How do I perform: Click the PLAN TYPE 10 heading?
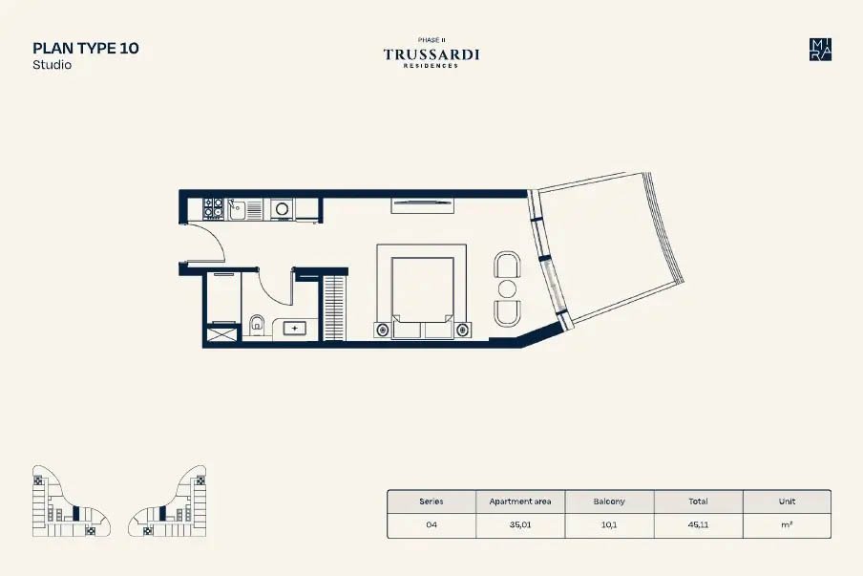(x=86, y=48)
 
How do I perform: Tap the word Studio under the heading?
(x=52, y=64)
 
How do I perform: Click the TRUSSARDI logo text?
(x=431, y=54)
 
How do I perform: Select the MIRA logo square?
(x=820, y=50)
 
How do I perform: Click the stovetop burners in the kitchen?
(x=213, y=208)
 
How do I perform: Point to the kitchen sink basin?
(x=237, y=210)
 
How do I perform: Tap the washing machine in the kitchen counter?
(x=282, y=209)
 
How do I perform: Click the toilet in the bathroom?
(x=257, y=325)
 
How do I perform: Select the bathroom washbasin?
(x=295, y=329)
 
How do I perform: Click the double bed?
(x=422, y=291)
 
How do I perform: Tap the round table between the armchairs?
(x=507, y=288)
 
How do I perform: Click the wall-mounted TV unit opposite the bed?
(x=422, y=205)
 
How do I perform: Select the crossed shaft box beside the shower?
(x=221, y=333)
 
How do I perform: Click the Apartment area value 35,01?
(x=520, y=524)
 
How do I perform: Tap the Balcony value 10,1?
(x=609, y=524)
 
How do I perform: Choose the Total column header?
(x=698, y=501)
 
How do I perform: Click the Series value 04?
(x=431, y=524)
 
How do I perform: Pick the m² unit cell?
(x=787, y=524)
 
